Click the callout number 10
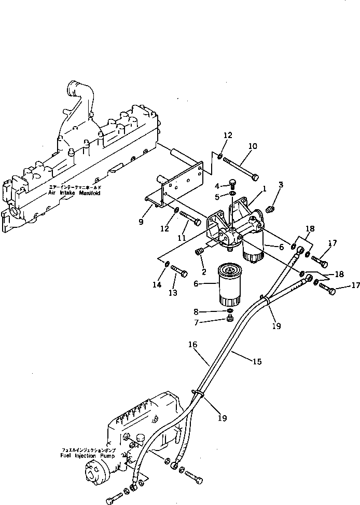[x=252, y=147]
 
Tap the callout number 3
[x=281, y=185]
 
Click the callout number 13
[x=172, y=293]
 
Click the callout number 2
[x=204, y=271]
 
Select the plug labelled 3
[x=269, y=209]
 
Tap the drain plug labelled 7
[x=230, y=318]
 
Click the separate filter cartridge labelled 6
[x=228, y=284]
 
